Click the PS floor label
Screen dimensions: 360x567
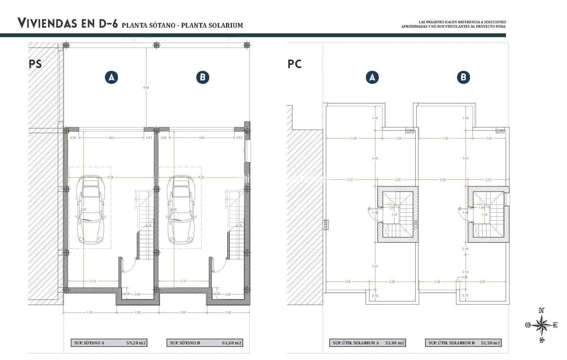(x=35, y=64)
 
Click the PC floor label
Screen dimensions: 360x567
(x=295, y=64)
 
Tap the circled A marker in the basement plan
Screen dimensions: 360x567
(x=111, y=77)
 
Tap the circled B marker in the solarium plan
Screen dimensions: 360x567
(x=463, y=77)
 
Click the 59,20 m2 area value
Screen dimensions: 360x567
(x=136, y=343)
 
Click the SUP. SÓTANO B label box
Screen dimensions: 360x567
(x=185, y=343)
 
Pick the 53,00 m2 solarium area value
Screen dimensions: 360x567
(x=395, y=343)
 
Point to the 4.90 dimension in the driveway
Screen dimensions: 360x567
(x=146, y=88)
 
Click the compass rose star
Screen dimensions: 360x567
(x=541, y=325)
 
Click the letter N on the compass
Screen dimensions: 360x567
(x=542, y=311)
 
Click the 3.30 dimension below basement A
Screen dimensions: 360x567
(x=89, y=312)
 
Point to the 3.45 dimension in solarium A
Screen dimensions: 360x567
(x=354, y=138)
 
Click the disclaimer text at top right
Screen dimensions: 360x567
(x=454, y=24)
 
